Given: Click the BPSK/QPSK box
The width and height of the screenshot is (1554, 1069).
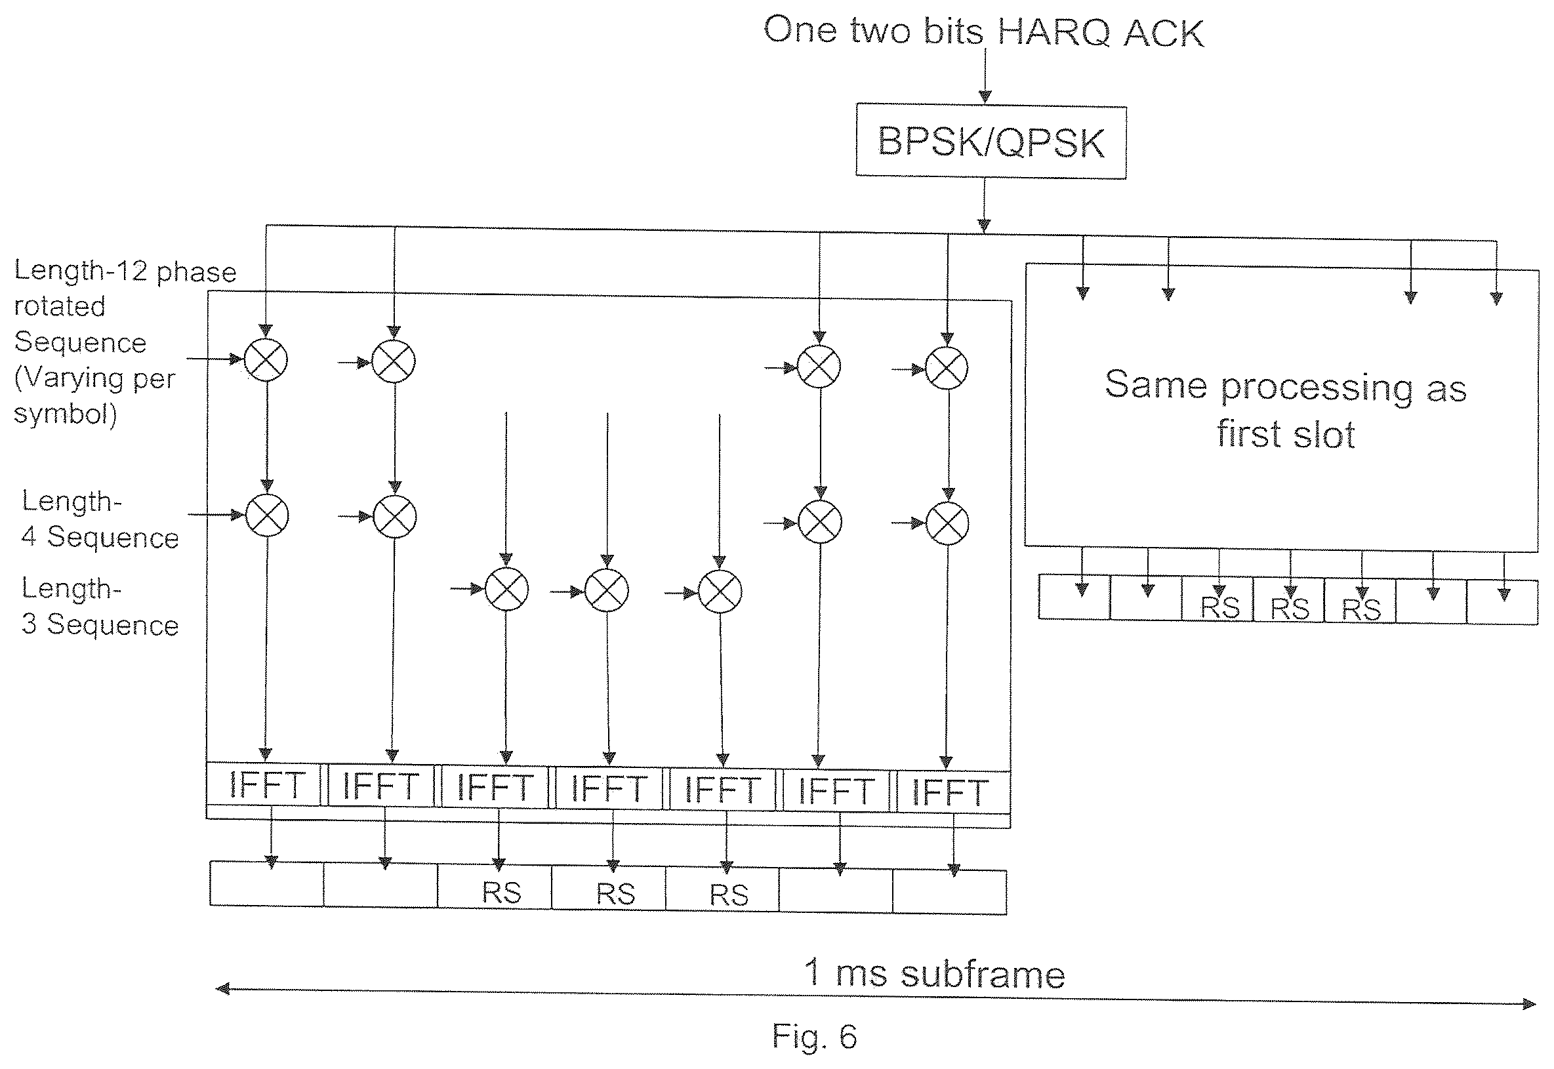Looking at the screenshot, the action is coord(991,141).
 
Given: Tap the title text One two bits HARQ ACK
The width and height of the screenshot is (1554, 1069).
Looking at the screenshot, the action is coord(983,32).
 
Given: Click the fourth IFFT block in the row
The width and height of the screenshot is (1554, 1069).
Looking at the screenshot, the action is coord(608,788).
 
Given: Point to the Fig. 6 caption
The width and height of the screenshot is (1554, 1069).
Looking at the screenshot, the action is coord(814,1036).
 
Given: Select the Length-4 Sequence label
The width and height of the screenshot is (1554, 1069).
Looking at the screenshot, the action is coord(100,519).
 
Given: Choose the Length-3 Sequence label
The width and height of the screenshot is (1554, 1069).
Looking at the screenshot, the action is coord(100,606).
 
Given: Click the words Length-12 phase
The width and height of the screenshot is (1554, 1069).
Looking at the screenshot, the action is coord(125,271).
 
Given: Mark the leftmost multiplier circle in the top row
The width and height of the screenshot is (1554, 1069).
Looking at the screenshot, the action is coord(266,359).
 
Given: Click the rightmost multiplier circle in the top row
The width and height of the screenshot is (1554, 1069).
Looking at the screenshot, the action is coord(947,368).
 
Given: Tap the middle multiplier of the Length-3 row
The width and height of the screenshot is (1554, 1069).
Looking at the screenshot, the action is coord(607,590).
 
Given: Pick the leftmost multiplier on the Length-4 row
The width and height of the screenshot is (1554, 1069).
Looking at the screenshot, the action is coord(267,515).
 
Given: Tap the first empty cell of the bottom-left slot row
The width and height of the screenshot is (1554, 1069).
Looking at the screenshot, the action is coord(266,884).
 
